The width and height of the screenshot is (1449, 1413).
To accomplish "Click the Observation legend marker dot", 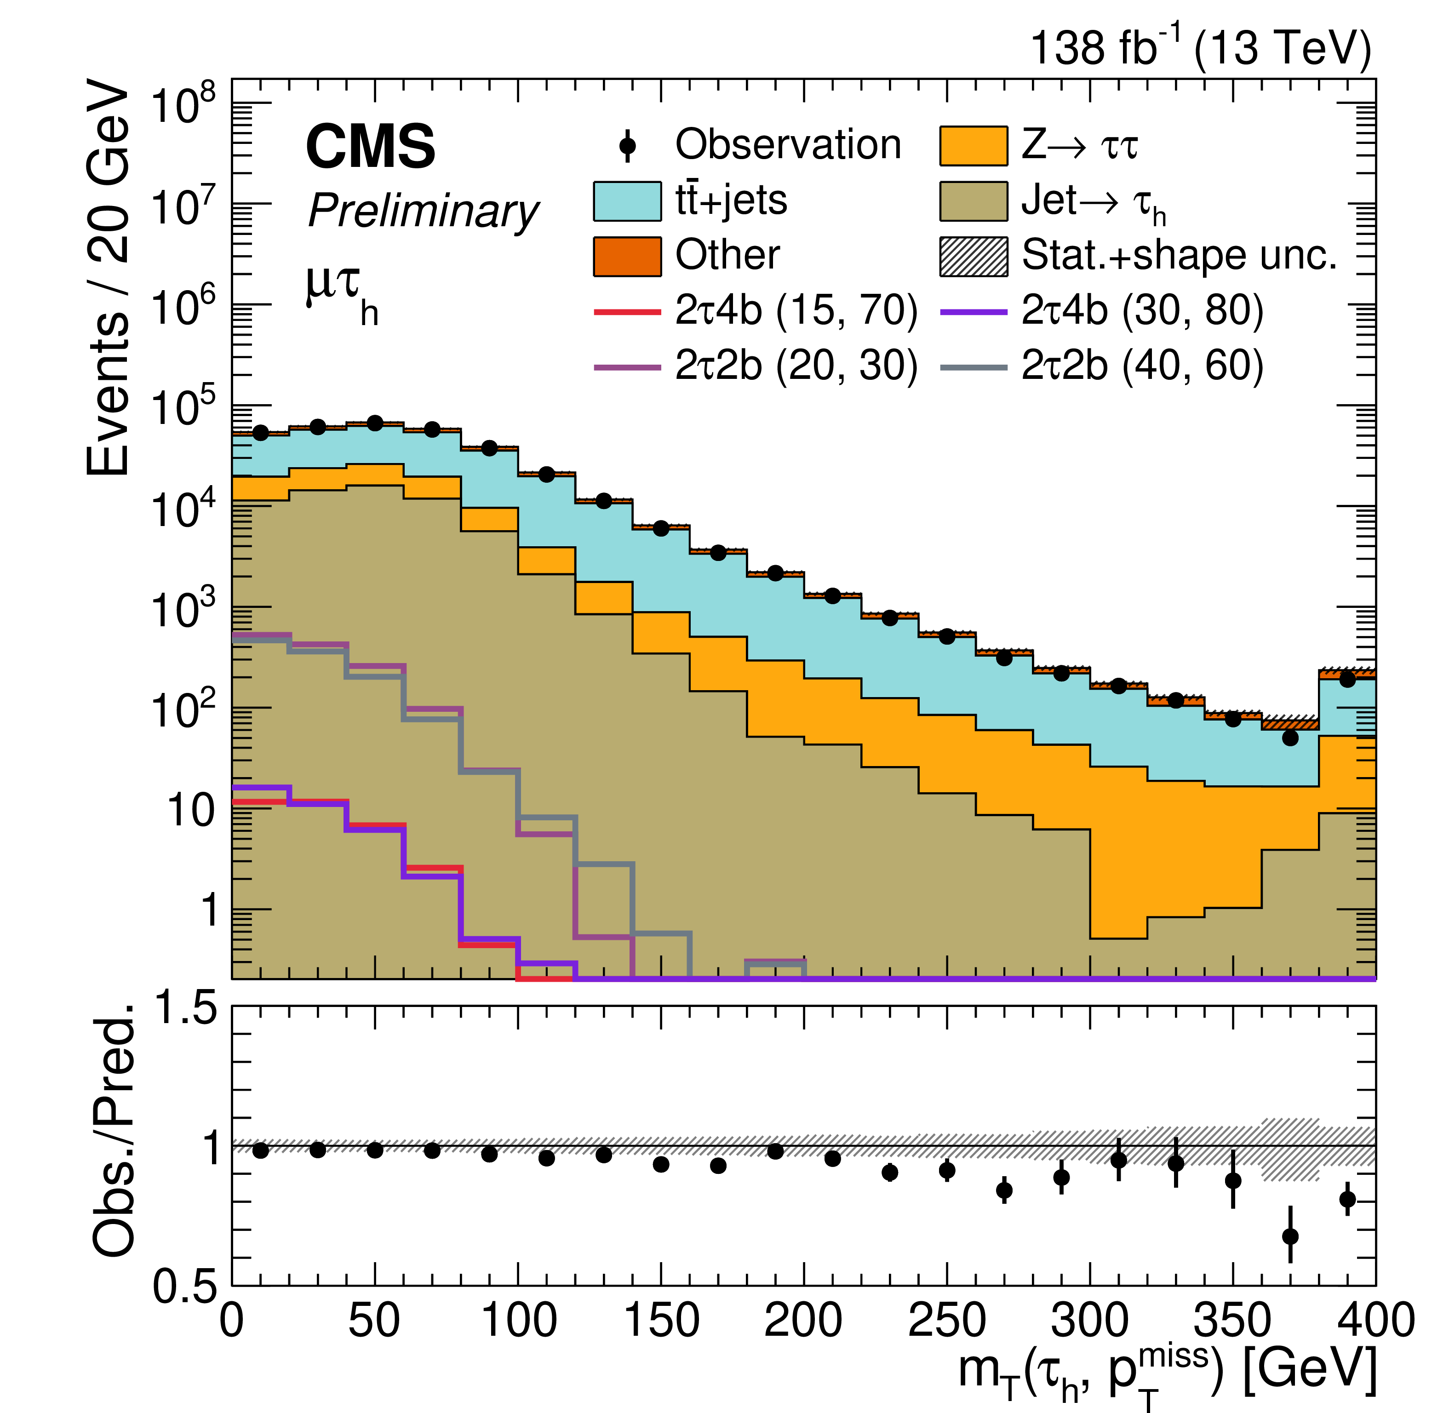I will click(627, 145).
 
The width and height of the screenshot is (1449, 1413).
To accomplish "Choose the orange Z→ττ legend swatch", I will click(973, 145).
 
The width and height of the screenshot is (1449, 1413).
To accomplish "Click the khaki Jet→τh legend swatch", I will click(973, 201).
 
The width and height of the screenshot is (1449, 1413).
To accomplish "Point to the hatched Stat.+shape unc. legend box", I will click(973, 257).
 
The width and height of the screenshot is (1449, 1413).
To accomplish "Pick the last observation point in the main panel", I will click(1347, 679).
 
